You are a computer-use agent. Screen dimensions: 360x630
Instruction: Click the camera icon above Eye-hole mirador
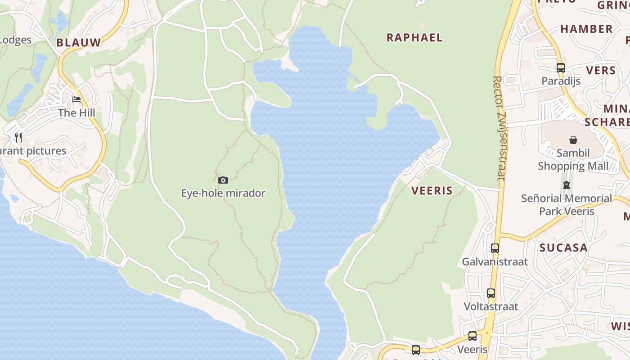(x=223, y=180)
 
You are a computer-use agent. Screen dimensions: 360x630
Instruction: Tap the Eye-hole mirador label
(x=223, y=193)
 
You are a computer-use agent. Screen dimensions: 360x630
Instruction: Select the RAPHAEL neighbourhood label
(x=414, y=37)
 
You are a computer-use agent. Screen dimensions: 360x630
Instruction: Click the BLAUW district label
(x=79, y=43)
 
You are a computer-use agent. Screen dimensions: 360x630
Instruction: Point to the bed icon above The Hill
(x=76, y=99)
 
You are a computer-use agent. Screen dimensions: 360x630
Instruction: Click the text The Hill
(x=76, y=112)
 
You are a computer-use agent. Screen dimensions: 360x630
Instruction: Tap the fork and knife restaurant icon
(x=18, y=137)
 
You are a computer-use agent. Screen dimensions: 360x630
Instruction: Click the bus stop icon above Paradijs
(x=561, y=68)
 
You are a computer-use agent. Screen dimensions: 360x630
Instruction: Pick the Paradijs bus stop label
(x=561, y=81)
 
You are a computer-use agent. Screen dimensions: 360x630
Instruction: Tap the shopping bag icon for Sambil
(x=573, y=140)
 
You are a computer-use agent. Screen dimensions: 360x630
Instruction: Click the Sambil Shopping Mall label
(x=573, y=159)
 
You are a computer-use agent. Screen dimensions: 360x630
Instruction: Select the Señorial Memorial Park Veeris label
(x=567, y=204)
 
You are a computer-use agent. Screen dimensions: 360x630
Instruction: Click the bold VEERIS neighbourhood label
(x=432, y=190)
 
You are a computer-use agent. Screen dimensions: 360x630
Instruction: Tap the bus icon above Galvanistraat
(x=495, y=248)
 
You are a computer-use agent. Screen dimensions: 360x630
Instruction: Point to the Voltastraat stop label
(x=491, y=306)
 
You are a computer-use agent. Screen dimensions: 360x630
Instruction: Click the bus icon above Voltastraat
(x=491, y=293)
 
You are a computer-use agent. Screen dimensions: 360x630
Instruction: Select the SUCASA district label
(x=563, y=247)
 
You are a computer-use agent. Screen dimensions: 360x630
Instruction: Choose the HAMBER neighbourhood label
(x=586, y=29)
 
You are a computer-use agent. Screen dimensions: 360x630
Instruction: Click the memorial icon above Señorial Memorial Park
(x=567, y=184)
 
